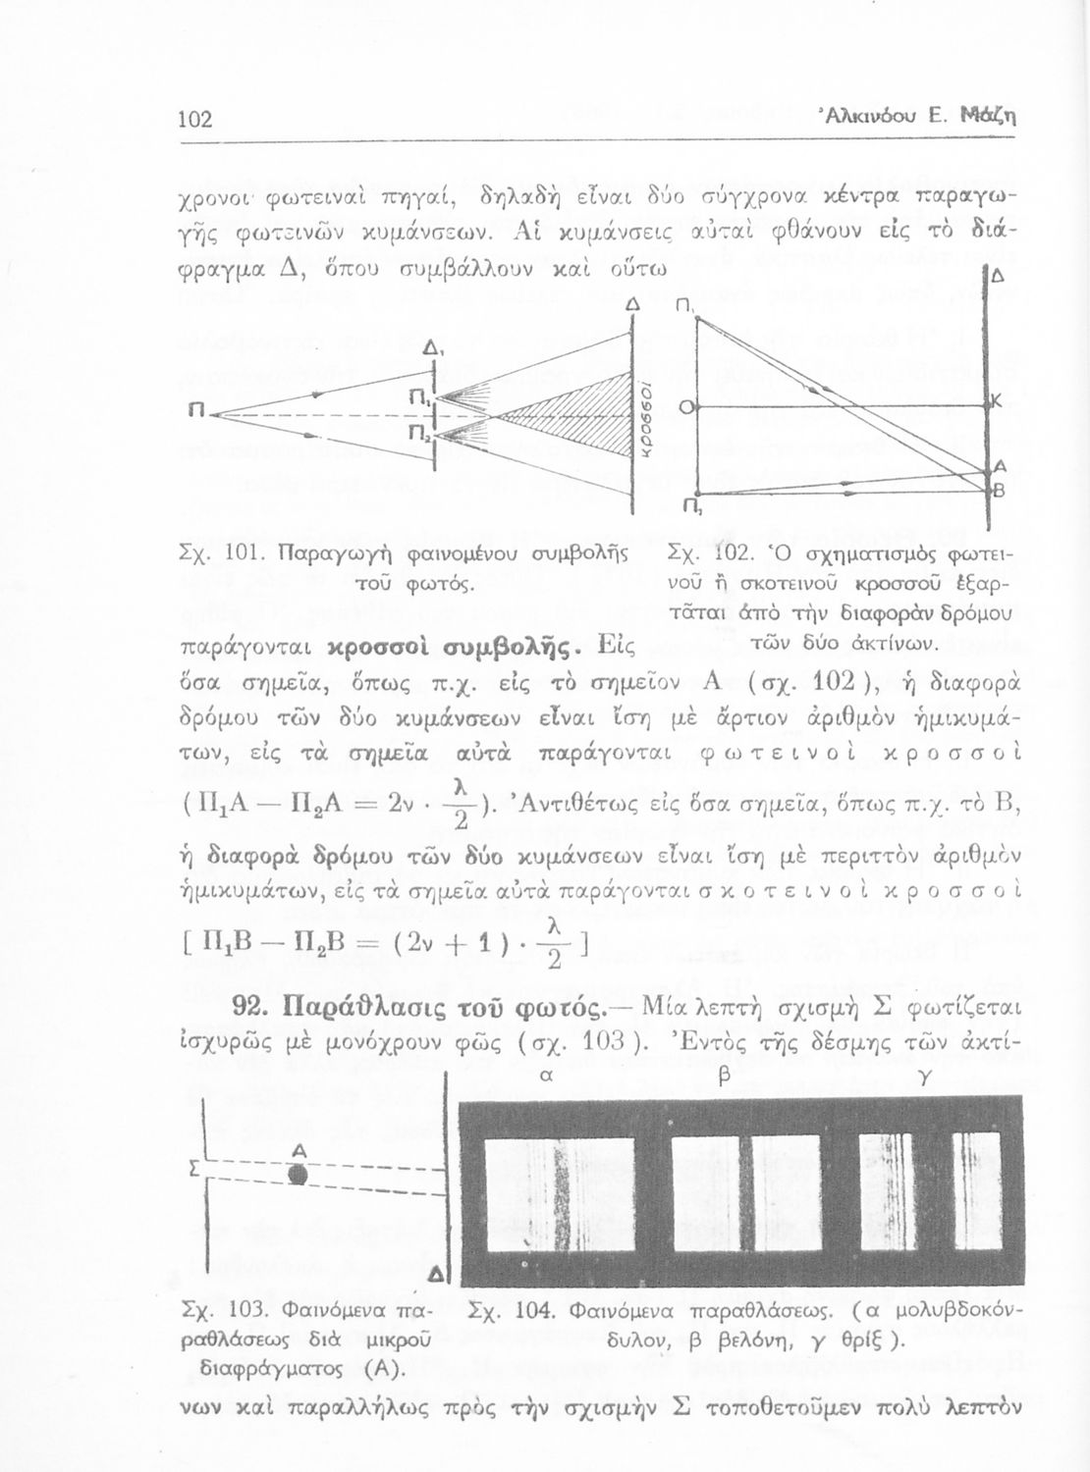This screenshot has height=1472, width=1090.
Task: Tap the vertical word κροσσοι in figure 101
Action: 639,416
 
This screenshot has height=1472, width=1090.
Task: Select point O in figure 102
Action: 685,405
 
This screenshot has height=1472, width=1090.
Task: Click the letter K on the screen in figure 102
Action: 995,400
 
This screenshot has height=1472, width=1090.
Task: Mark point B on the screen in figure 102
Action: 998,496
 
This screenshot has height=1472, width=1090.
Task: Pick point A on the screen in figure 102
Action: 998,467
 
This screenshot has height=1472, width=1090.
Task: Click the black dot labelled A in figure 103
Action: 299,1174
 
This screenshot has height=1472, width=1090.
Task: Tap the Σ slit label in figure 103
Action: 193,1170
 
